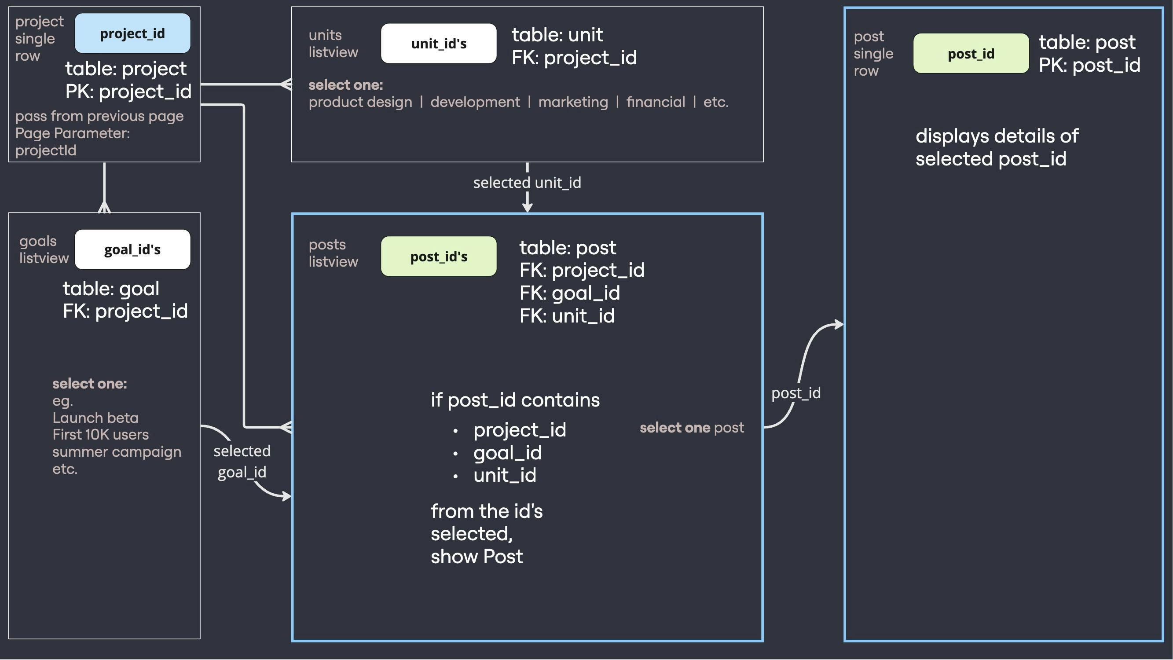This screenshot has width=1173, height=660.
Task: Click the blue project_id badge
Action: pyautogui.click(x=132, y=33)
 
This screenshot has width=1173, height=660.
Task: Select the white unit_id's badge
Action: pyautogui.click(x=439, y=43)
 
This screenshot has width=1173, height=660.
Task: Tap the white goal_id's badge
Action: pyautogui.click(x=132, y=249)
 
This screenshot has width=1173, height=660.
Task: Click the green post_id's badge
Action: pyautogui.click(x=439, y=256)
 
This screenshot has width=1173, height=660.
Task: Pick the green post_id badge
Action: pyautogui.click(x=971, y=53)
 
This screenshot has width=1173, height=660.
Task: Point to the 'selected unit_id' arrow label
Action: pyautogui.click(x=527, y=183)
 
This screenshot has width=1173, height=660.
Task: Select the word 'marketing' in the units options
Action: pyautogui.click(x=573, y=102)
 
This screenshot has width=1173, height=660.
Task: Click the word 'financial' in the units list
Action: pyautogui.click(x=655, y=102)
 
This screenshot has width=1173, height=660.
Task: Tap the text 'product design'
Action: pyautogui.click(x=360, y=102)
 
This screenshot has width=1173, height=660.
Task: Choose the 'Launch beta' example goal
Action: pyautogui.click(x=95, y=418)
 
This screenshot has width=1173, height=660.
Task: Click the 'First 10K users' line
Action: pyautogui.click(x=100, y=435)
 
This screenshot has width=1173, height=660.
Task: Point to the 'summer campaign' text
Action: pyautogui.click(x=117, y=452)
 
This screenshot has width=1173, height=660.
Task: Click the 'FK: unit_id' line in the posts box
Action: pyautogui.click(x=567, y=315)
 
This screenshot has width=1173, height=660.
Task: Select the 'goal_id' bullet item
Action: pyautogui.click(x=507, y=453)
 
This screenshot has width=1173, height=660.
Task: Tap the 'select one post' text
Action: pyautogui.click(x=692, y=427)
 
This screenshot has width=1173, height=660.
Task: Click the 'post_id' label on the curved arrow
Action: pyautogui.click(x=796, y=392)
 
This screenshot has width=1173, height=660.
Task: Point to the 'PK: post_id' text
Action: pyautogui.click(x=1089, y=65)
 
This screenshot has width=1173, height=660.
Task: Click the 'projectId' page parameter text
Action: pyautogui.click(x=45, y=150)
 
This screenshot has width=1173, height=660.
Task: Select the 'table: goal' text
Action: pyautogui.click(x=111, y=288)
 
